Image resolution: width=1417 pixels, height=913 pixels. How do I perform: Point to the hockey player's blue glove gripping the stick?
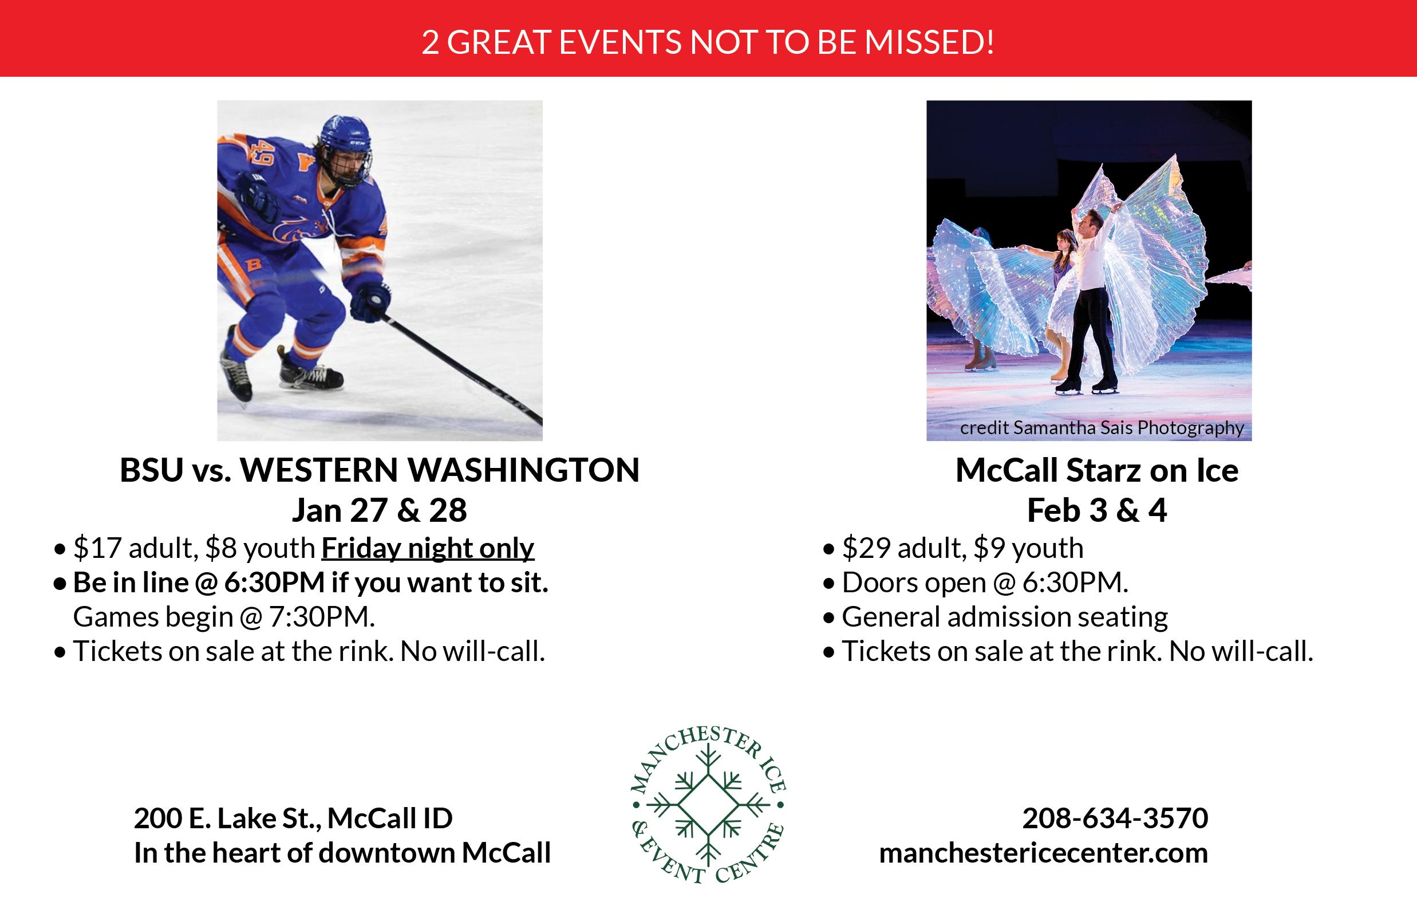pos(370,301)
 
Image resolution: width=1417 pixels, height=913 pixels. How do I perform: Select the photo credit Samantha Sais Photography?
pos(1102,428)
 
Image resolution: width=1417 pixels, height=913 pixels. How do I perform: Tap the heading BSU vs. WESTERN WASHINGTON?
pos(380,470)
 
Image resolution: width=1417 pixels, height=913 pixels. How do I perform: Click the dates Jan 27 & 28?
pos(379,510)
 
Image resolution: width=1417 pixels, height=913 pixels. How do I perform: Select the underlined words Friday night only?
pos(428,548)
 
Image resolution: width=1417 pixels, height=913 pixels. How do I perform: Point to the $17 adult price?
pos(135,548)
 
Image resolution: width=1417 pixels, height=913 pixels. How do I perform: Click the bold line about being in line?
pos(310,583)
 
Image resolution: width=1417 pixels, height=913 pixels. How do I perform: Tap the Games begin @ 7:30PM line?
pos(224,617)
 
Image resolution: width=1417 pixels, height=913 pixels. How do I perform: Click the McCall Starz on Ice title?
pos(1097,471)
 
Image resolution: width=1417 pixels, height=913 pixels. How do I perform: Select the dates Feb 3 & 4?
pos(1097,510)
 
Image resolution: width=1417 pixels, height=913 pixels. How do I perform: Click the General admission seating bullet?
pos(1005,617)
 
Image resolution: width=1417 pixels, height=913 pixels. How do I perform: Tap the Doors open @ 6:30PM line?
pos(985,583)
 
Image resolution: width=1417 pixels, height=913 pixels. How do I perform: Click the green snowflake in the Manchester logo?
pos(708,805)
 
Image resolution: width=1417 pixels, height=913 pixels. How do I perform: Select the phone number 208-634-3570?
pos(1115,818)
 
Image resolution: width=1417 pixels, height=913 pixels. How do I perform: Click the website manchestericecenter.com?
pos(1044,853)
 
